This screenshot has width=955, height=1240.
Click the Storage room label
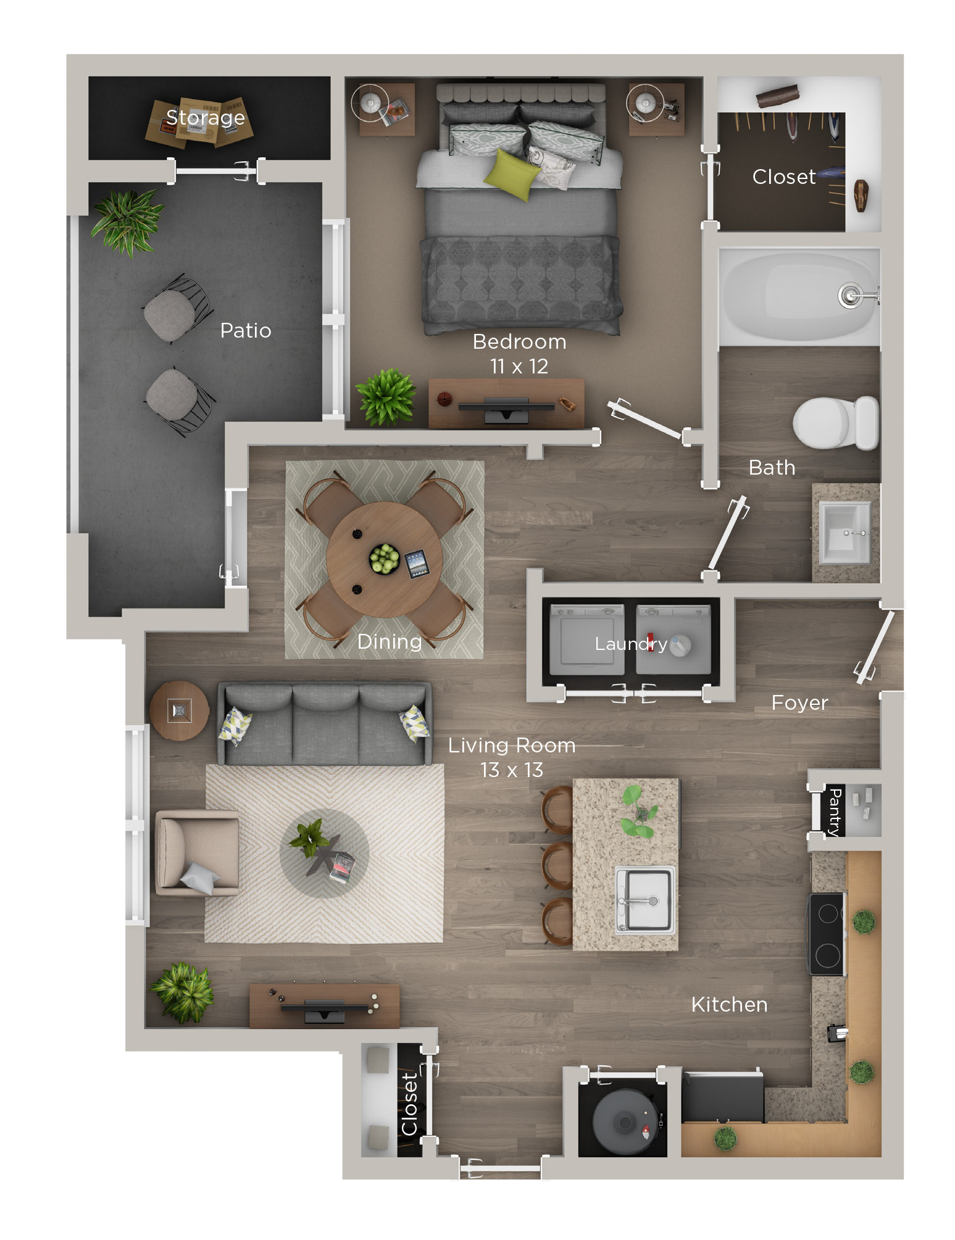coord(205,117)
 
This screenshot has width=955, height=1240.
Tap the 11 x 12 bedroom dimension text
coord(519,366)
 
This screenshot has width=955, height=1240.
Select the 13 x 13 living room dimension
coord(511,770)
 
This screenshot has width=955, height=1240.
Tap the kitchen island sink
coord(645,899)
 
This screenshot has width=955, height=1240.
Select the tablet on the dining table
coord(417,563)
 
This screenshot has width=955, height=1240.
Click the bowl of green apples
coord(384,559)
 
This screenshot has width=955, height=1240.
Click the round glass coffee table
coord(324,854)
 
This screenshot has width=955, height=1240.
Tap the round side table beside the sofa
coord(179,710)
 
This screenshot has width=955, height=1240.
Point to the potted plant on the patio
coord(127,220)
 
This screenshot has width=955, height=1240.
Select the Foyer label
coord(799,702)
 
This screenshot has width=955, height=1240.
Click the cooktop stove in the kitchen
coord(827,934)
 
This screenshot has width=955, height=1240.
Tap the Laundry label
coord(630,644)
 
